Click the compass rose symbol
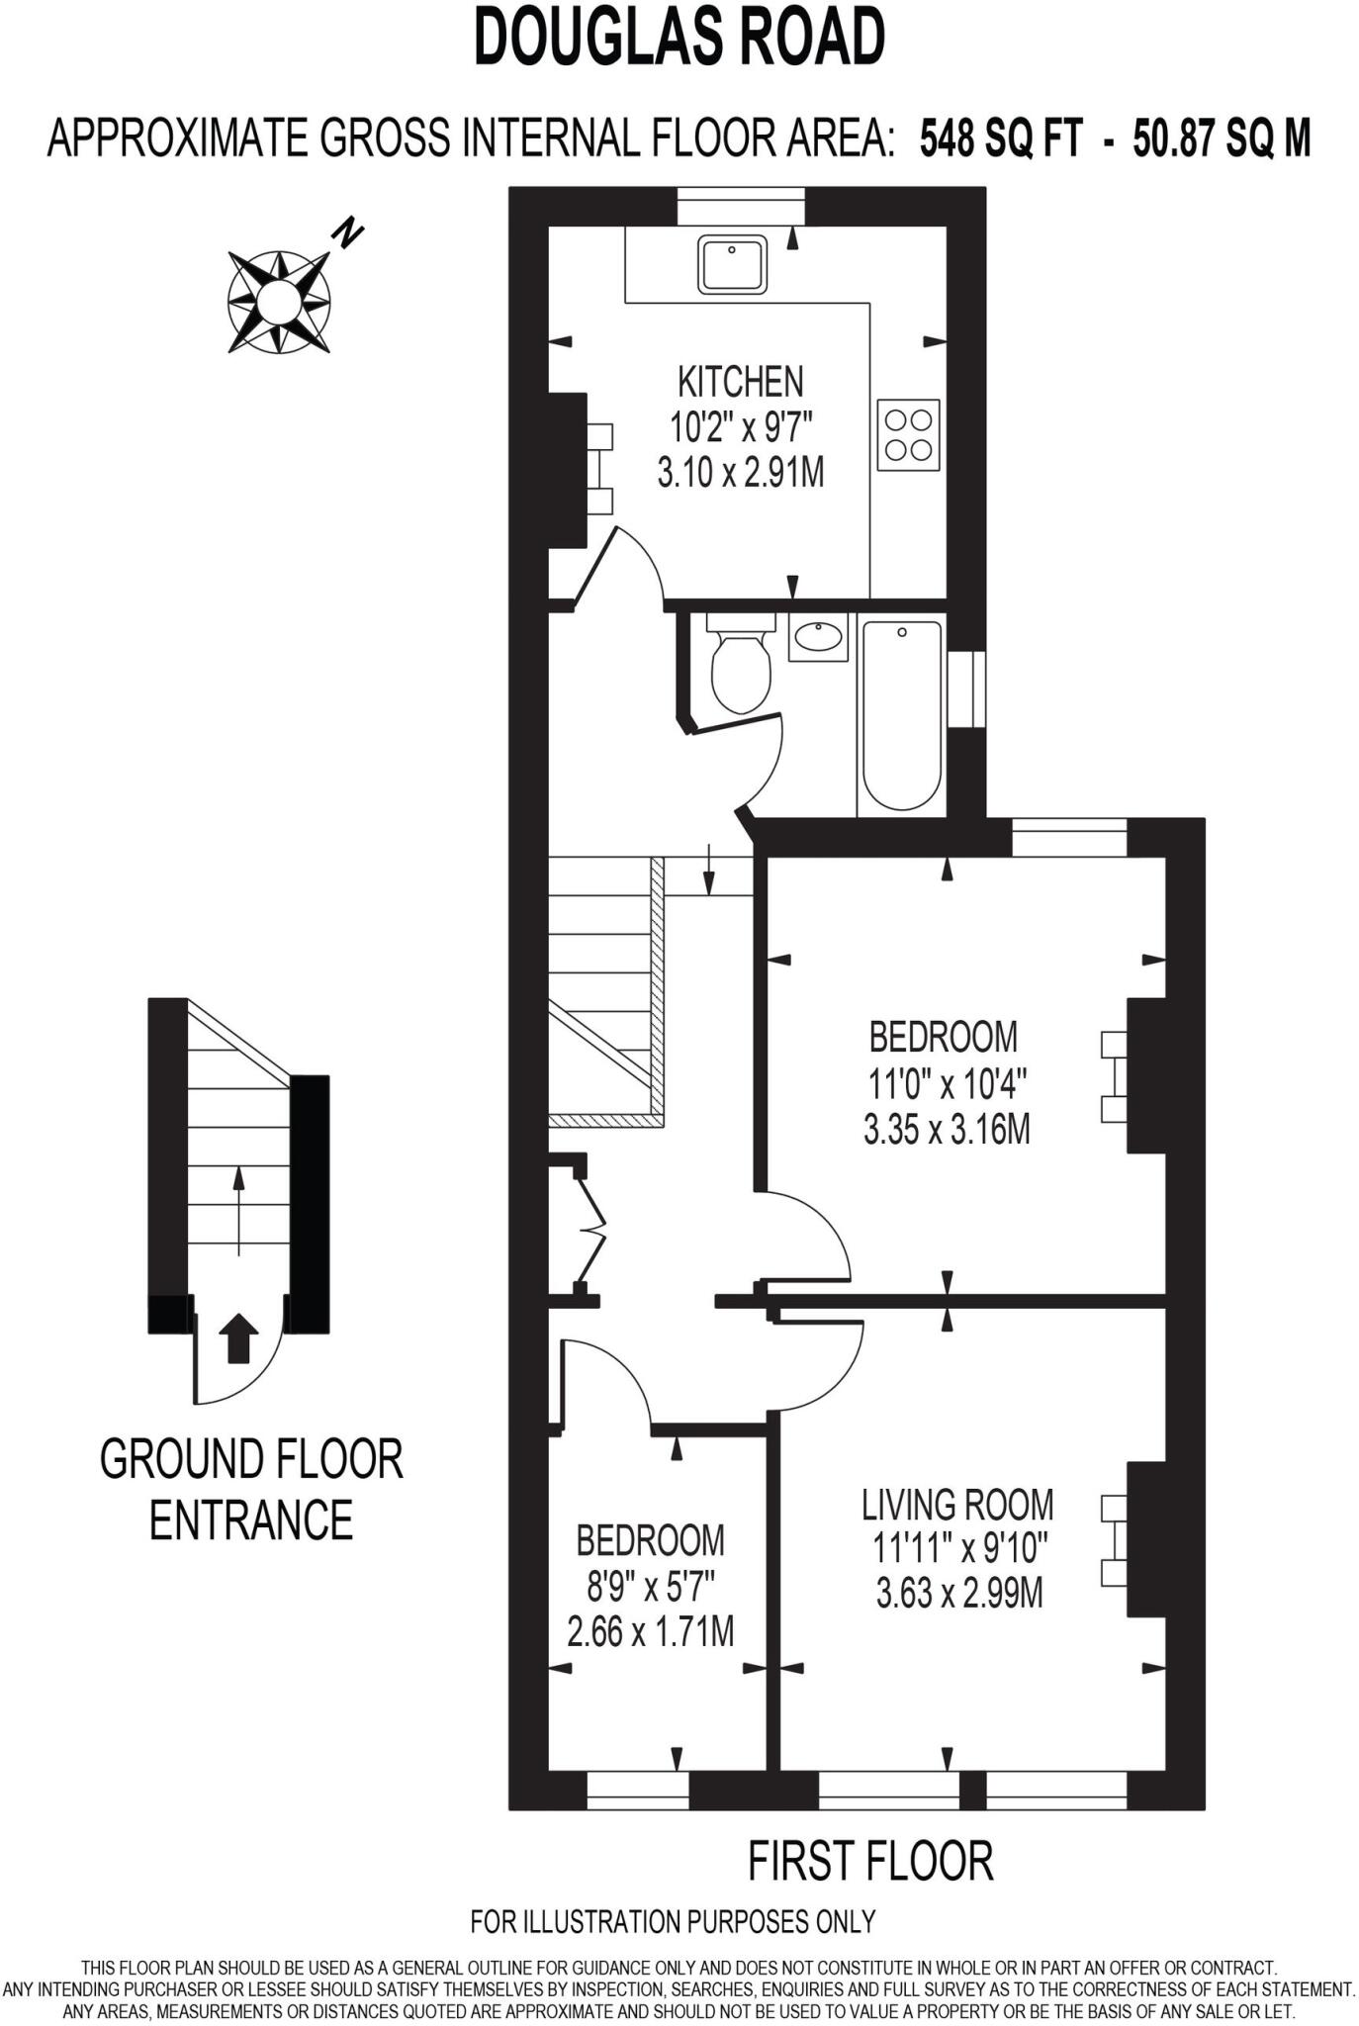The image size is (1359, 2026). pyautogui.click(x=279, y=301)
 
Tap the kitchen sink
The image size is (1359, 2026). pyautogui.click(x=732, y=264)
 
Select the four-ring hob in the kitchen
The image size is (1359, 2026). pyautogui.click(x=908, y=435)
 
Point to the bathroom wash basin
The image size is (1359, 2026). pyautogui.click(x=818, y=637)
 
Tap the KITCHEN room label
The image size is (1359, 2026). pyautogui.click(x=740, y=382)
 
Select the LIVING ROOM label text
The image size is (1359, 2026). pyautogui.click(x=957, y=1505)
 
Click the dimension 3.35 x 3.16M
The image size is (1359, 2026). pyautogui.click(x=947, y=1129)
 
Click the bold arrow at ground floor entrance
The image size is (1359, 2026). pyautogui.click(x=237, y=1339)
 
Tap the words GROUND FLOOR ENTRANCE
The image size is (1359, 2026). pyautogui.click(x=251, y=1489)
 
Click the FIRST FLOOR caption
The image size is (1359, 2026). pyautogui.click(x=869, y=1861)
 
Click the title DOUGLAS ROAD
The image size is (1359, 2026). pyautogui.click(x=679, y=38)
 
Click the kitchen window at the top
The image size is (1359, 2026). pyautogui.click(x=741, y=206)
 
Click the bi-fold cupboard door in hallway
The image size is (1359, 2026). pyautogui.click(x=591, y=1228)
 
